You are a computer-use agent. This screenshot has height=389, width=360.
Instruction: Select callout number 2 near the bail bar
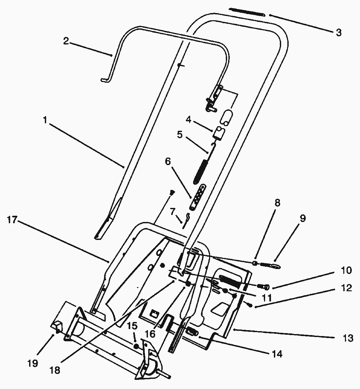click(x=66, y=41)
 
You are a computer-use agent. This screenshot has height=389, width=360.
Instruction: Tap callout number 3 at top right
click(x=339, y=32)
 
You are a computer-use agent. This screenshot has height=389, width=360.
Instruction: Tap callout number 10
click(x=346, y=271)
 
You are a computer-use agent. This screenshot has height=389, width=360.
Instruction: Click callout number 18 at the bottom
click(x=55, y=370)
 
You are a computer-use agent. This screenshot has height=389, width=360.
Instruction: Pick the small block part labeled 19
click(x=57, y=326)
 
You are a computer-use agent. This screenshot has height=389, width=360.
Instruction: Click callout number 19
click(x=33, y=363)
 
